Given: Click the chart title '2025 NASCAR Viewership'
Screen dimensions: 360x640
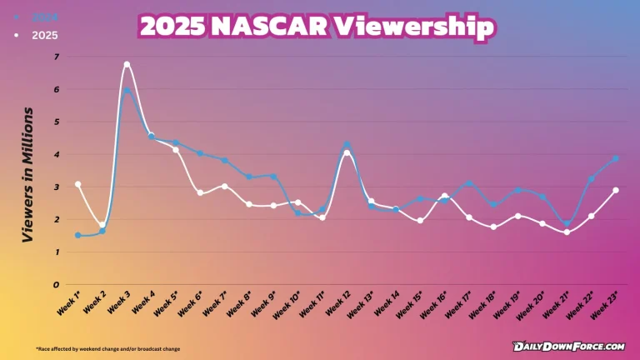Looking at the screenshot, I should (317, 27).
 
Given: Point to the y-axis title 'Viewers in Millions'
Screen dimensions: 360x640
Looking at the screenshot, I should (28, 174).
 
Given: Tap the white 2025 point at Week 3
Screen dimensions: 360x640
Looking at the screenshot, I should (127, 64).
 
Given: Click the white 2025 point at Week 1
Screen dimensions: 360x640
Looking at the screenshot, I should (77, 184).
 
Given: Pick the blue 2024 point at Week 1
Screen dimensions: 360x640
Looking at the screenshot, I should (77, 235).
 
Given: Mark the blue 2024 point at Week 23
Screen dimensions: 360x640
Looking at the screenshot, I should (615, 158).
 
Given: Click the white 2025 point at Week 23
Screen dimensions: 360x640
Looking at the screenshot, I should (615, 190).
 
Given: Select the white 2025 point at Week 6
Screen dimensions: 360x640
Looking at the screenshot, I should (200, 192).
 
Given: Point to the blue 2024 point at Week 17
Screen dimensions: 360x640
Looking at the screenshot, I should (469, 183).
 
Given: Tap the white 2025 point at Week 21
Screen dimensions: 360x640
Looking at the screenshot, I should (567, 232).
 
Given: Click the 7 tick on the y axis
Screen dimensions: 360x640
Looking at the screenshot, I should (57, 57).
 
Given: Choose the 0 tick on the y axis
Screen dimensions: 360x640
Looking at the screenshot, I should (57, 284).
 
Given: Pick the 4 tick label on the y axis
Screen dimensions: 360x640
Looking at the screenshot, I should (57, 154).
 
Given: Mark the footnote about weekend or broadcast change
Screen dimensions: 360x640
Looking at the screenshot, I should (107, 348).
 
